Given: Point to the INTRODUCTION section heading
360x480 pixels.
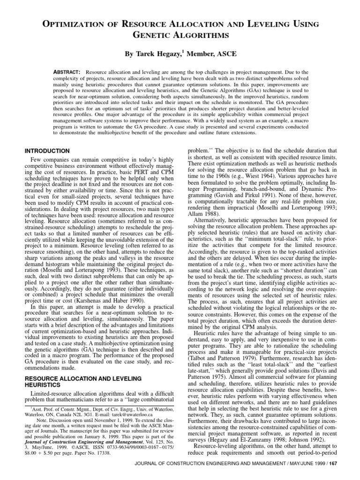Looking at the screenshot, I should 47,151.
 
